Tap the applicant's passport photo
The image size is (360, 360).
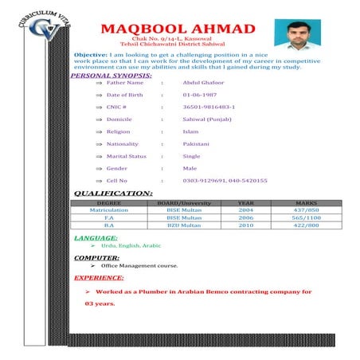coord(297,34)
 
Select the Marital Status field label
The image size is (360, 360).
coord(126,156)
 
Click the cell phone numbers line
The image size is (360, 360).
coord(225,181)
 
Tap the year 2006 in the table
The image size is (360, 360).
coord(246,217)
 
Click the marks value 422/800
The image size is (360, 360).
coord(306,225)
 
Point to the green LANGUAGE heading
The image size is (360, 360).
coord(96,238)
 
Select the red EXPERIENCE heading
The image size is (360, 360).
coord(99,278)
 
